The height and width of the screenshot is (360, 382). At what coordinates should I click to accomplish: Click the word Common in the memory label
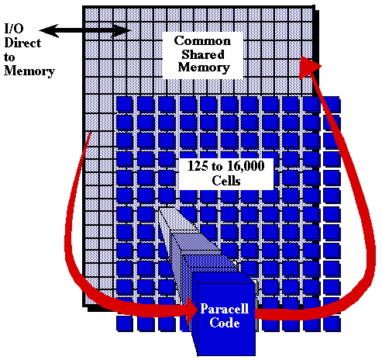(x=202, y=41)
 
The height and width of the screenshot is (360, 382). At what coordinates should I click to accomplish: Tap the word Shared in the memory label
(x=203, y=54)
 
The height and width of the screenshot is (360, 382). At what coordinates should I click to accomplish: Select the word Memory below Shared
(x=204, y=67)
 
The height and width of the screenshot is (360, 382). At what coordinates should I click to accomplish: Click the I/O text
(x=14, y=29)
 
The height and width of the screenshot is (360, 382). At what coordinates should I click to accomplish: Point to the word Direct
(x=22, y=43)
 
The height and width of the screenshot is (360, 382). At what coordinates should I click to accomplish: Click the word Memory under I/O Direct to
(x=29, y=71)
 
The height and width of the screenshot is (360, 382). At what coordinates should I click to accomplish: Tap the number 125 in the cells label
(x=198, y=166)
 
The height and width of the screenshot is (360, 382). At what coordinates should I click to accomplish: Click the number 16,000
(x=246, y=166)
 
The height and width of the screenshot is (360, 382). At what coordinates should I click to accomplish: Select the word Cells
(x=226, y=181)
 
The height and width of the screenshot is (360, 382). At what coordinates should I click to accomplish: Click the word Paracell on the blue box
(x=225, y=309)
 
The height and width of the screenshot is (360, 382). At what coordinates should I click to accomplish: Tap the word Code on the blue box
(x=225, y=323)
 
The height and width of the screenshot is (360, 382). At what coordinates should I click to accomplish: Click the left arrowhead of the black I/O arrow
(x=49, y=30)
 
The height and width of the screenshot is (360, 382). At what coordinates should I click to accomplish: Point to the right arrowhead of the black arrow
(x=122, y=31)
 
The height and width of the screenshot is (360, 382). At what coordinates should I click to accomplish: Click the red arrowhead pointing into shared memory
(x=309, y=67)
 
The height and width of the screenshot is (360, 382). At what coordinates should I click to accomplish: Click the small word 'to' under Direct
(x=9, y=57)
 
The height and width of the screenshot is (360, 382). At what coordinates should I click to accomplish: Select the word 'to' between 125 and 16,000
(x=218, y=167)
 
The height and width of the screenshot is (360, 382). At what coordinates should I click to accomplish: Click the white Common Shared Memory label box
(x=203, y=55)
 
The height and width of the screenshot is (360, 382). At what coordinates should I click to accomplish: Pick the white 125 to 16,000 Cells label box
(x=226, y=174)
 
